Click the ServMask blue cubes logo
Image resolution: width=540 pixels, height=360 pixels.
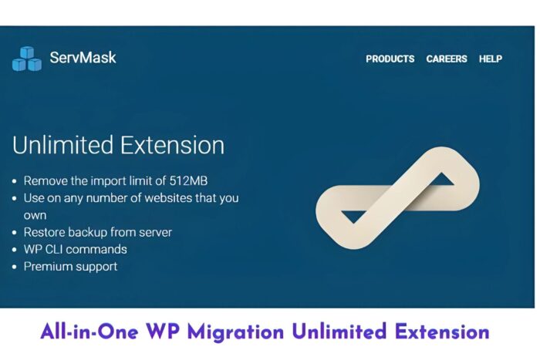tap(27, 59)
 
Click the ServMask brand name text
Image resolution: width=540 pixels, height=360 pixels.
tap(83, 57)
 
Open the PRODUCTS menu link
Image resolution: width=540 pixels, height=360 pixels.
tap(390, 59)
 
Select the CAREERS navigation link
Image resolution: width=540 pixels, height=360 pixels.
tap(447, 59)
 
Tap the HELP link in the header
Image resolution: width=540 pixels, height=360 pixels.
tap(491, 59)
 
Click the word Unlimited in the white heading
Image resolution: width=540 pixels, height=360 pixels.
tap(62, 145)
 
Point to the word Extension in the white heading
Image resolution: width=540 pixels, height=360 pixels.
tap(173, 145)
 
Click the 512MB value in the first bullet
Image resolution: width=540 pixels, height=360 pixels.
tap(188, 180)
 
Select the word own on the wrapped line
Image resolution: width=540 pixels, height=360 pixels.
tap(35, 215)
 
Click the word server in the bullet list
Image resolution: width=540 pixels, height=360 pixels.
tap(155, 232)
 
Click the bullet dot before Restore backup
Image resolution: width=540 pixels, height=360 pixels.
tap(14, 232)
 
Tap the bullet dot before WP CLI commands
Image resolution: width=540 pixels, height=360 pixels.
tap(14, 250)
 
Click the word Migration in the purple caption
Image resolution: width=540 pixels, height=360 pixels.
tap(235, 332)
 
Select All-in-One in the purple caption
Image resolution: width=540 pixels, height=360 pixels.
tap(89, 331)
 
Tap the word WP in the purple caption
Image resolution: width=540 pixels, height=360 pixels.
tap(163, 331)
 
